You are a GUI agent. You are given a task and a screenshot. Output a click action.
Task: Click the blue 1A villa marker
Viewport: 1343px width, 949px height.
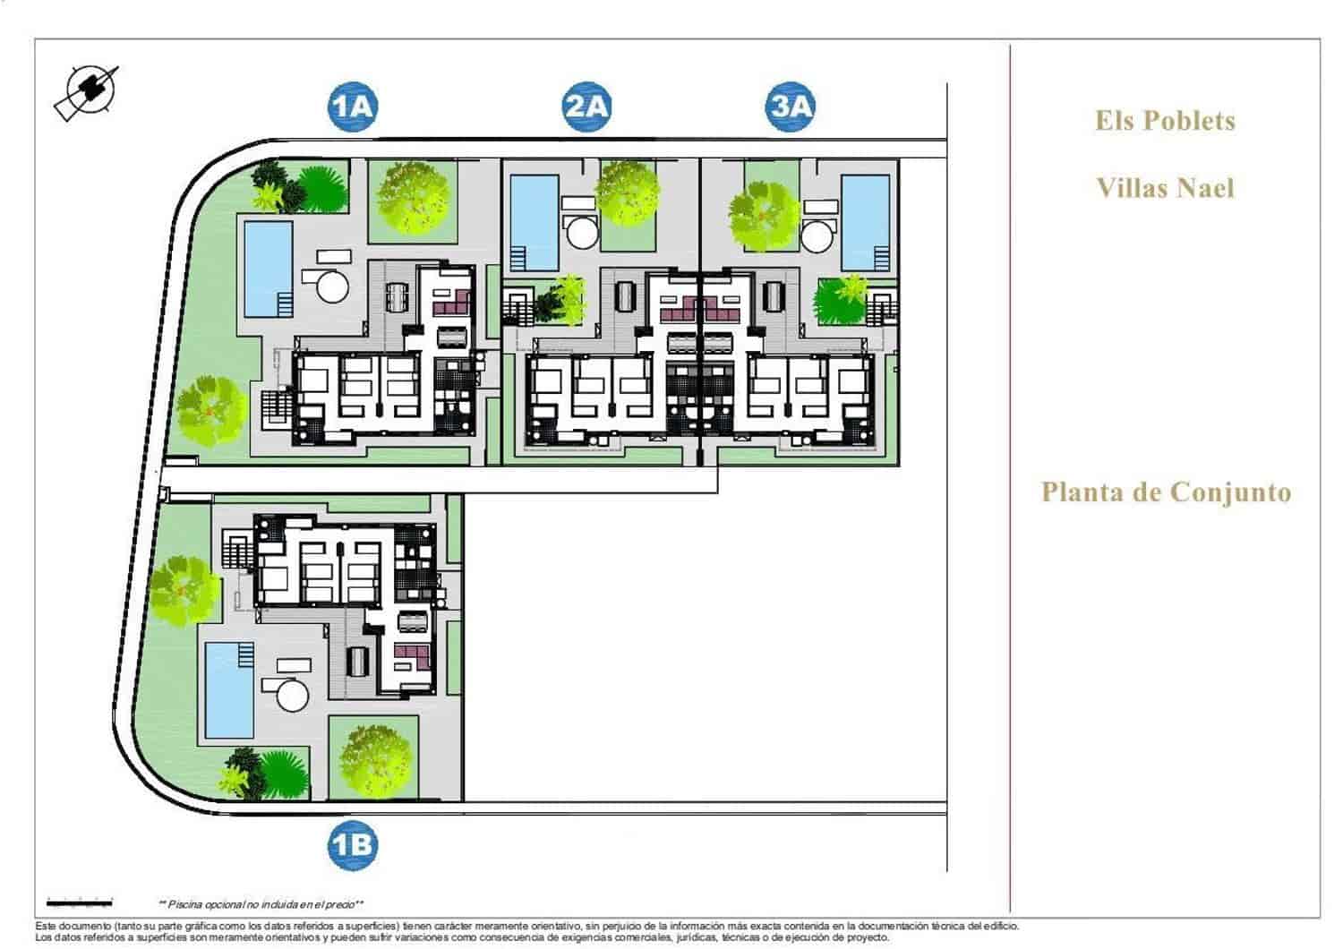tap(352, 107)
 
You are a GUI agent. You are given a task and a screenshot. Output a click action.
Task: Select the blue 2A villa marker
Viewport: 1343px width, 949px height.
tap(586, 107)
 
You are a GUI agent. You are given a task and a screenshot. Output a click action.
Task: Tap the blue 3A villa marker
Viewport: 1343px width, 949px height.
tap(791, 107)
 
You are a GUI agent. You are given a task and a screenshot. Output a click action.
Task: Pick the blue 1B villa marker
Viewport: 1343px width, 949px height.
tap(352, 845)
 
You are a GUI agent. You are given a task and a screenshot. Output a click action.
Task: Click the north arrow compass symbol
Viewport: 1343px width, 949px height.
tap(89, 91)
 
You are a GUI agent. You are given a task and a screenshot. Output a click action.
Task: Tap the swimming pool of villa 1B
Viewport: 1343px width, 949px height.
tap(229, 689)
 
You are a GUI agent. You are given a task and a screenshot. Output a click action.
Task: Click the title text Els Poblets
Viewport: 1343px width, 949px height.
tap(1165, 121)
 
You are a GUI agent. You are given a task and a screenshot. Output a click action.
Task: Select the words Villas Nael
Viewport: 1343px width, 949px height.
tap(1165, 188)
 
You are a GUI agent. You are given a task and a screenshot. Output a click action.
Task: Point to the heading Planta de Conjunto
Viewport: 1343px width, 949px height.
tap(1166, 492)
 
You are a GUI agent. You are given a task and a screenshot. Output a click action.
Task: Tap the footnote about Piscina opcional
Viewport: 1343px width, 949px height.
tap(261, 904)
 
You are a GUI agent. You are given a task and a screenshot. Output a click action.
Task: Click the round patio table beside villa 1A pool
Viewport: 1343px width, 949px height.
tap(333, 287)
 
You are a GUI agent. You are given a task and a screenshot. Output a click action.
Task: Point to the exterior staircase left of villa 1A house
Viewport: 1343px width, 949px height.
tap(277, 408)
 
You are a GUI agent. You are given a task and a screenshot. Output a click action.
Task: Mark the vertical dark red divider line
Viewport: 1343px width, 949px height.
tap(1011, 474)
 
